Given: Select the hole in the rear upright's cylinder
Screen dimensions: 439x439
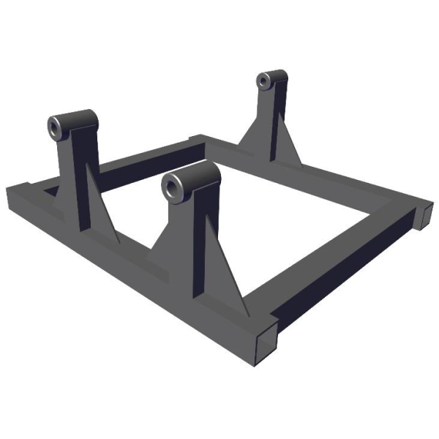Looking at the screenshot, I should tap(262, 82).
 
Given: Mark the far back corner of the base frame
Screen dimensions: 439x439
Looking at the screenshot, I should tap(198, 138).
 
